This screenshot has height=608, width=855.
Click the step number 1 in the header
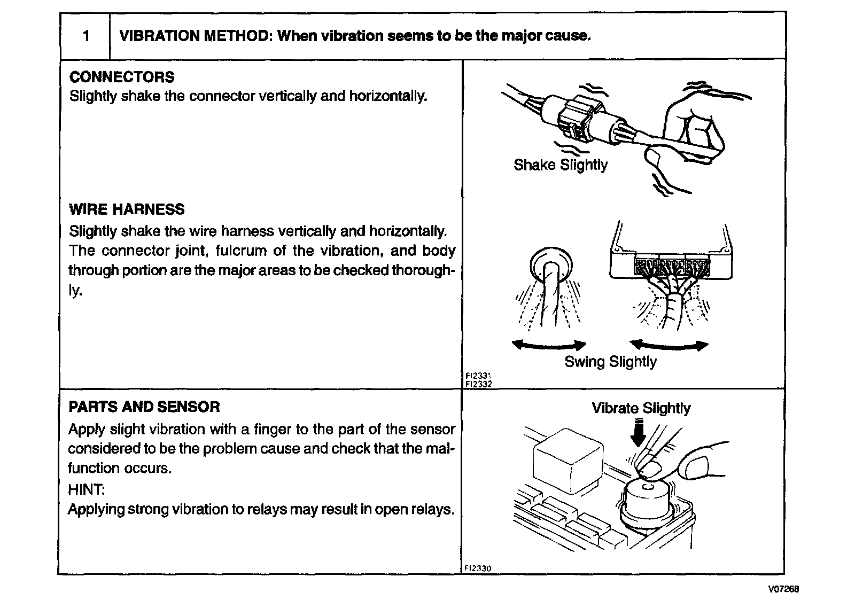point(86,36)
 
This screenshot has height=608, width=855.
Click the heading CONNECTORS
point(122,77)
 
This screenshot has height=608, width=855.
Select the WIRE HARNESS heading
point(127,209)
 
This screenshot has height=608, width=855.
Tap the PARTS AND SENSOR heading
point(144,407)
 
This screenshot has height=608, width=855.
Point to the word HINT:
point(87,489)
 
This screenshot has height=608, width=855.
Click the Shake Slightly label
point(560,165)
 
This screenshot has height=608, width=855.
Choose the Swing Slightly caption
point(610,362)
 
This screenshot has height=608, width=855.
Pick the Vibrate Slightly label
point(641,408)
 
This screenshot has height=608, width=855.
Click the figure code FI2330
point(478,568)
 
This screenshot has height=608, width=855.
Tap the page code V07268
point(783,589)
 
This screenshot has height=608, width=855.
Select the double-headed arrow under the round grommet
point(549,345)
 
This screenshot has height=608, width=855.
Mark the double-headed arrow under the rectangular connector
point(669,345)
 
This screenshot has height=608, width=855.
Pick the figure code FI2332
point(478,384)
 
